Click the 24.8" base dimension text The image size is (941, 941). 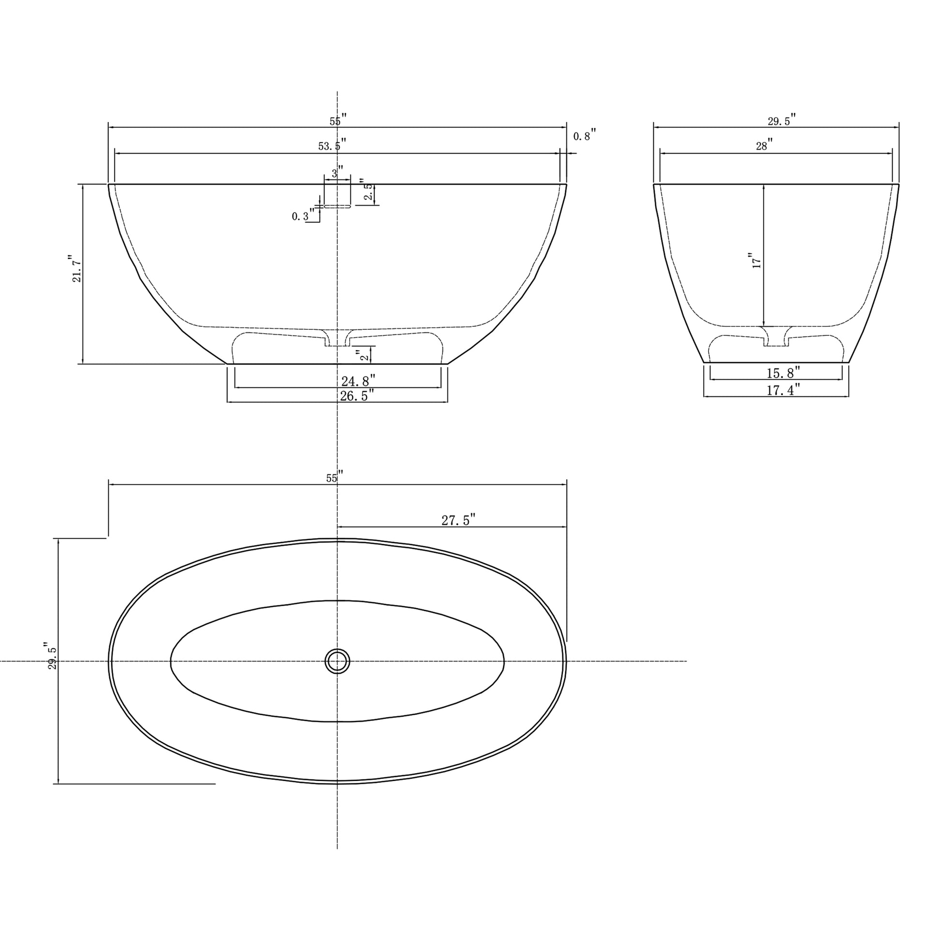(358, 381)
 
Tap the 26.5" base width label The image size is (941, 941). (356, 396)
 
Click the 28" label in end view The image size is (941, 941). (764, 145)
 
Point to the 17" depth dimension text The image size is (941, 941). (756, 261)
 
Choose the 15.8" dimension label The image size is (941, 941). (783, 373)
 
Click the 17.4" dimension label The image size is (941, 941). (783, 390)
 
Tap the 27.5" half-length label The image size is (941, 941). (458, 520)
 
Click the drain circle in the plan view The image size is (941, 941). (337, 662)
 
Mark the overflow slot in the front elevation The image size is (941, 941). (337, 206)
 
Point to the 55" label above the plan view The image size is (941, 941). (334, 478)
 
